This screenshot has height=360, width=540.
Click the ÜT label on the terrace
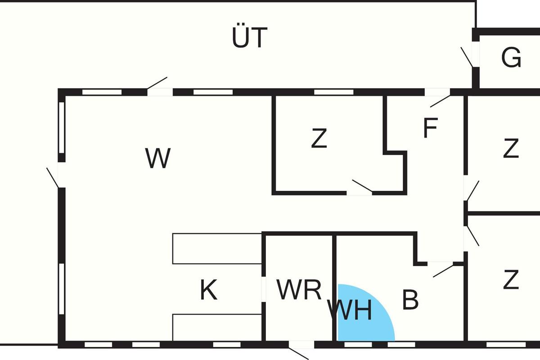[x=250, y=38]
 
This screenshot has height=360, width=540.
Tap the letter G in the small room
[x=511, y=58]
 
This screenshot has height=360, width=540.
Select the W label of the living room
[x=158, y=158]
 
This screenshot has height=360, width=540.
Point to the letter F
[x=430, y=128]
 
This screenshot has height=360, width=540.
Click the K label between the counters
[x=209, y=291]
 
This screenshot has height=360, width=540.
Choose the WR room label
[x=299, y=290]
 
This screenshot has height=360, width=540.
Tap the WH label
[x=350, y=310]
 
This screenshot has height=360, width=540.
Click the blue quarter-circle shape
[x=360, y=317]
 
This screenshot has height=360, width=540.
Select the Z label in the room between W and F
[x=319, y=139]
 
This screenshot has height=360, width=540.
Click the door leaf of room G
[x=467, y=57]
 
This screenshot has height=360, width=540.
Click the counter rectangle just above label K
[x=217, y=248]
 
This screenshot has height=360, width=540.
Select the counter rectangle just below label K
[x=217, y=328]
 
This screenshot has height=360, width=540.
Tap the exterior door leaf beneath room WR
[x=298, y=353]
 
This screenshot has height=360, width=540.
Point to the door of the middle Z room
[x=362, y=186]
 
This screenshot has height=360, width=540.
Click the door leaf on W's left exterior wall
[x=53, y=177]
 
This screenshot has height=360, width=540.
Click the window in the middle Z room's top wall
[x=333, y=92]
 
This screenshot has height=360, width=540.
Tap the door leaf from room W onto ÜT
[x=157, y=83]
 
